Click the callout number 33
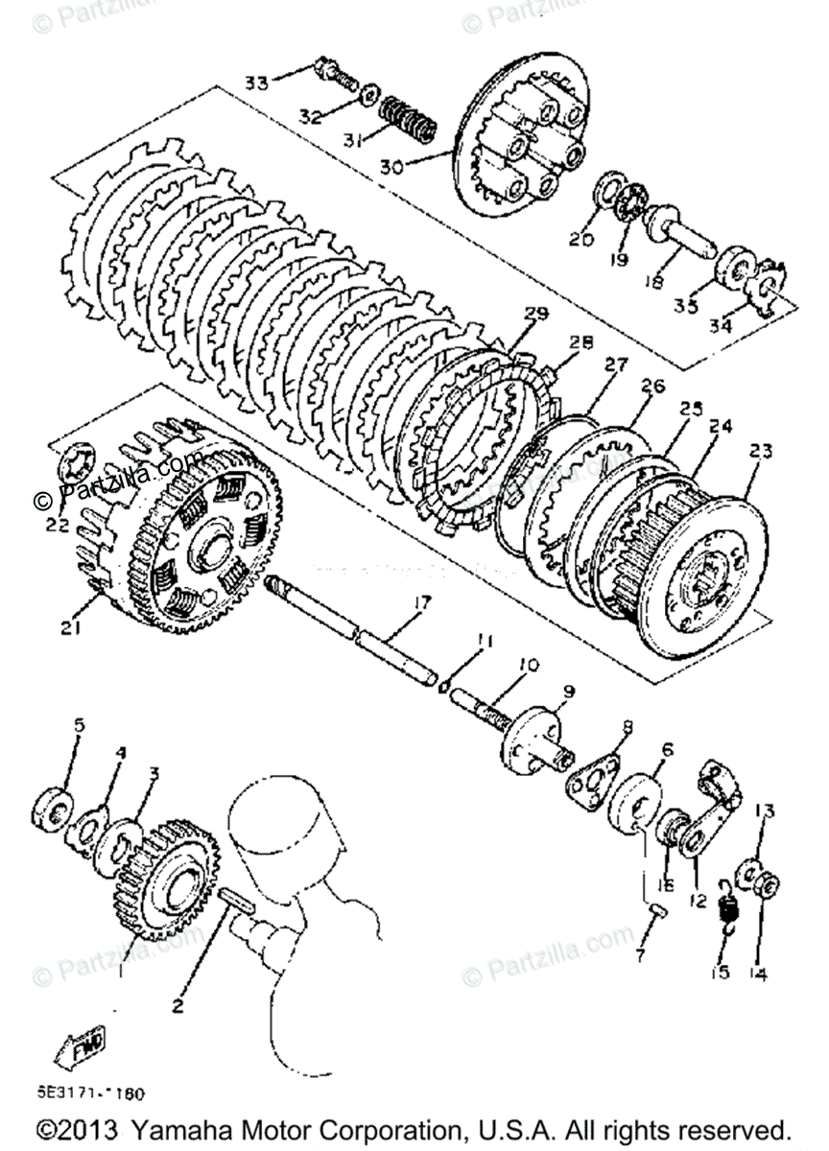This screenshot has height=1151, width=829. pos(256,82)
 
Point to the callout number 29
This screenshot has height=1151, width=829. pos(535,314)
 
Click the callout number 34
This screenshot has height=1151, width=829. pos(720,325)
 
